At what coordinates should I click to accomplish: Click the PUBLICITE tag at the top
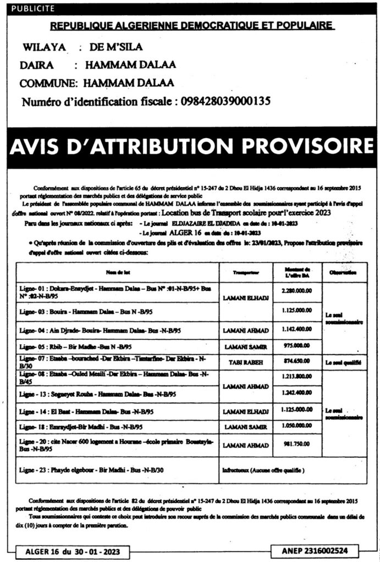click(32, 8)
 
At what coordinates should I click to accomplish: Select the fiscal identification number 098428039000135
click(223, 101)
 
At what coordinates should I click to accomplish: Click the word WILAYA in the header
click(45, 47)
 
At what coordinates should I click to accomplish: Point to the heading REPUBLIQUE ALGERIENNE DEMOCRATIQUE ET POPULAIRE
click(192, 26)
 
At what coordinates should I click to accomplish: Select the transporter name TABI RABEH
click(245, 363)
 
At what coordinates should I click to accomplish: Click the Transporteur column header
click(246, 272)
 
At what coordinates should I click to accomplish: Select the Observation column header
click(345, 272)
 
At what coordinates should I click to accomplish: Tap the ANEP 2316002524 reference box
click(314, 550)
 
